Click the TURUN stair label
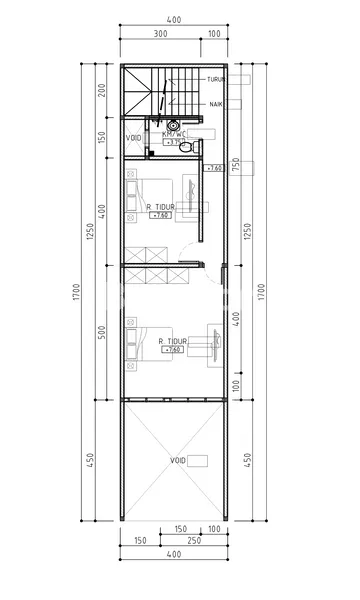point(215,79)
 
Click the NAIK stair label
point(215,103)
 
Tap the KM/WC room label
point(174,133)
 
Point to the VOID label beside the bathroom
point(134,138)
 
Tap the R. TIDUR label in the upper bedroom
point(160,207)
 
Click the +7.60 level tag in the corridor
point(214,169)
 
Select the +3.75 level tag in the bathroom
point(176,142)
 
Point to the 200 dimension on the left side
point(102,93)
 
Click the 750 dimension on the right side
point(237,165)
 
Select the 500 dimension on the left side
point(102,332)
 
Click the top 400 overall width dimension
point(173,20)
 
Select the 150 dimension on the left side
point(102,137)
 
